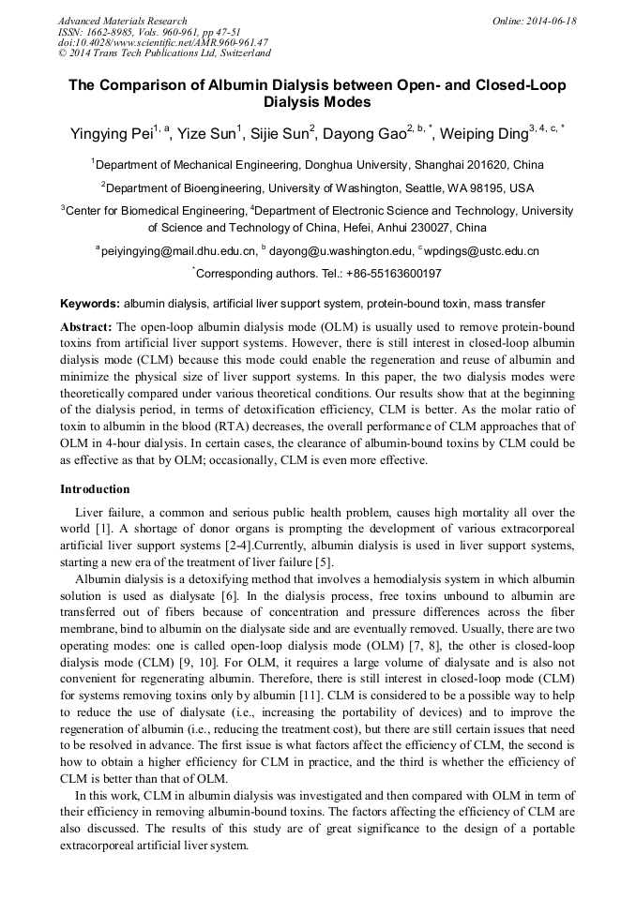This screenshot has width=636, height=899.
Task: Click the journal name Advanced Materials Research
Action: [x=122, y=20]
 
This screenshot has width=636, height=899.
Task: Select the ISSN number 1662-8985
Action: [x=117, y=31]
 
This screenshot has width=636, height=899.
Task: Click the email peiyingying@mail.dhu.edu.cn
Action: [x=179, y=251]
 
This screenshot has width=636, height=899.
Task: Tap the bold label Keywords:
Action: [x=90, y=304]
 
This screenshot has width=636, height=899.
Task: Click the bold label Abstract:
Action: [x=86, y=326]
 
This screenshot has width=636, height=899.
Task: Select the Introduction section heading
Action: [x=95, y=489]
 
